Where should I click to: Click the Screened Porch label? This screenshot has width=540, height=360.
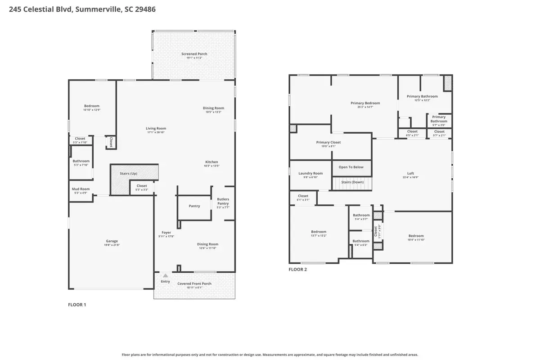(x=194, y=54)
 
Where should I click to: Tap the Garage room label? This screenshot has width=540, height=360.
(x=112, y=241)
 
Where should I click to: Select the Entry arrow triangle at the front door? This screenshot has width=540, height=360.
(x=166, y=275)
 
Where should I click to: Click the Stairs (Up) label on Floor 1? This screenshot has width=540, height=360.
(x=128, y=173)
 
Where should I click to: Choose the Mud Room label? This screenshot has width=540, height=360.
(x=81, y=189)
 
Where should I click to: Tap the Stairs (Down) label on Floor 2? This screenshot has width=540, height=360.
(x=352, y=182)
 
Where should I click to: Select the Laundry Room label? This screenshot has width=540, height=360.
(x=310, y=173)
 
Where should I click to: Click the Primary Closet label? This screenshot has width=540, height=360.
(x=328, y=142)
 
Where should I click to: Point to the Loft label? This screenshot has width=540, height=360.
(x=410, y=173)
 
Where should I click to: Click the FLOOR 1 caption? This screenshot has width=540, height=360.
(x=77, y=305)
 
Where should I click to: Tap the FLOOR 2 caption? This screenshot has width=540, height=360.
(x=297, y=270)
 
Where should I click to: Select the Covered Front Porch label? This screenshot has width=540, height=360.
(x=194, y=283)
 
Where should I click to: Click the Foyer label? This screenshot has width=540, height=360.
(x=166, y=233)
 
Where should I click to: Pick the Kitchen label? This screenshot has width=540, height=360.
(x=211, y=162)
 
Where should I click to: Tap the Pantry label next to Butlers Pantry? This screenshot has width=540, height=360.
(x=194, y=206)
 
